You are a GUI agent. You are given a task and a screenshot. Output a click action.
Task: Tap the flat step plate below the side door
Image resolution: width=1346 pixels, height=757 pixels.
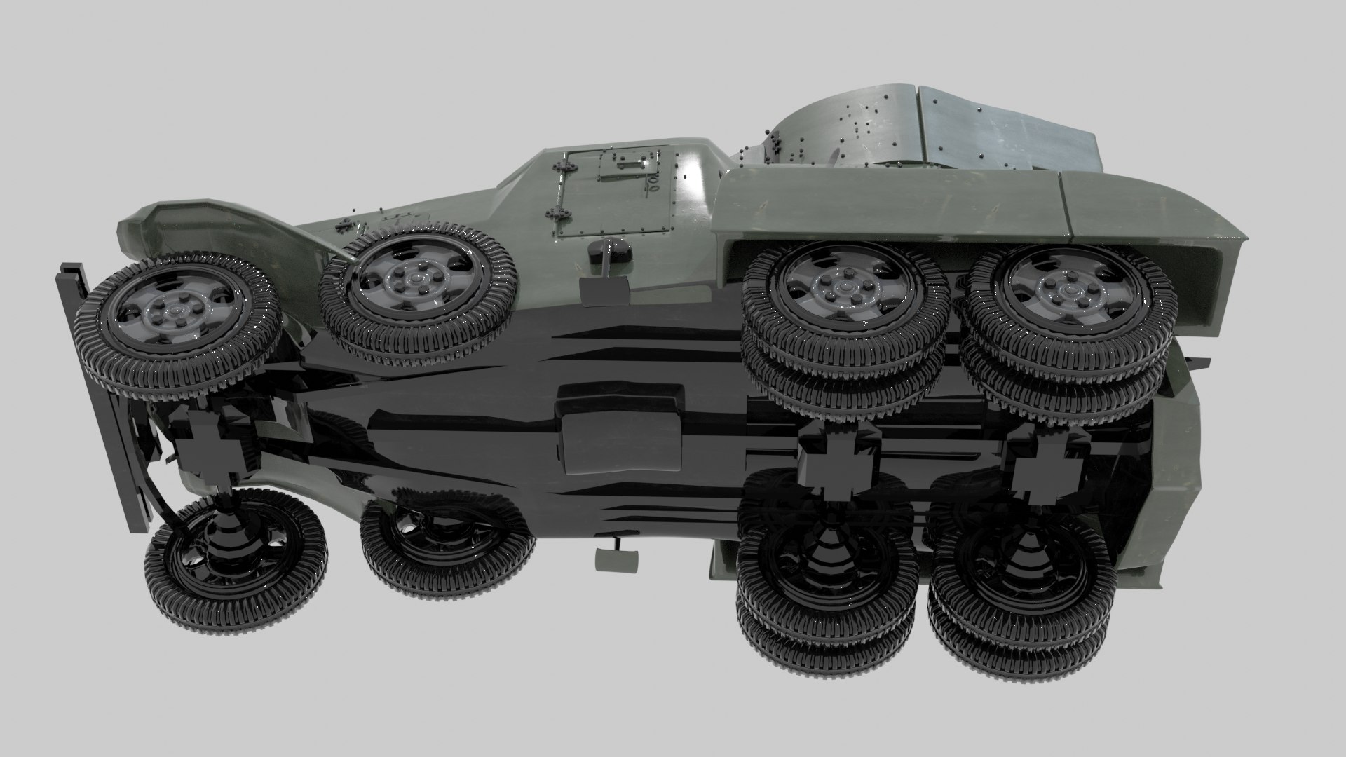click(605, 289)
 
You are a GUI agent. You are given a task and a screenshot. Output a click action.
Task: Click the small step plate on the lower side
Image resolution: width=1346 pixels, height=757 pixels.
click(616, 558)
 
